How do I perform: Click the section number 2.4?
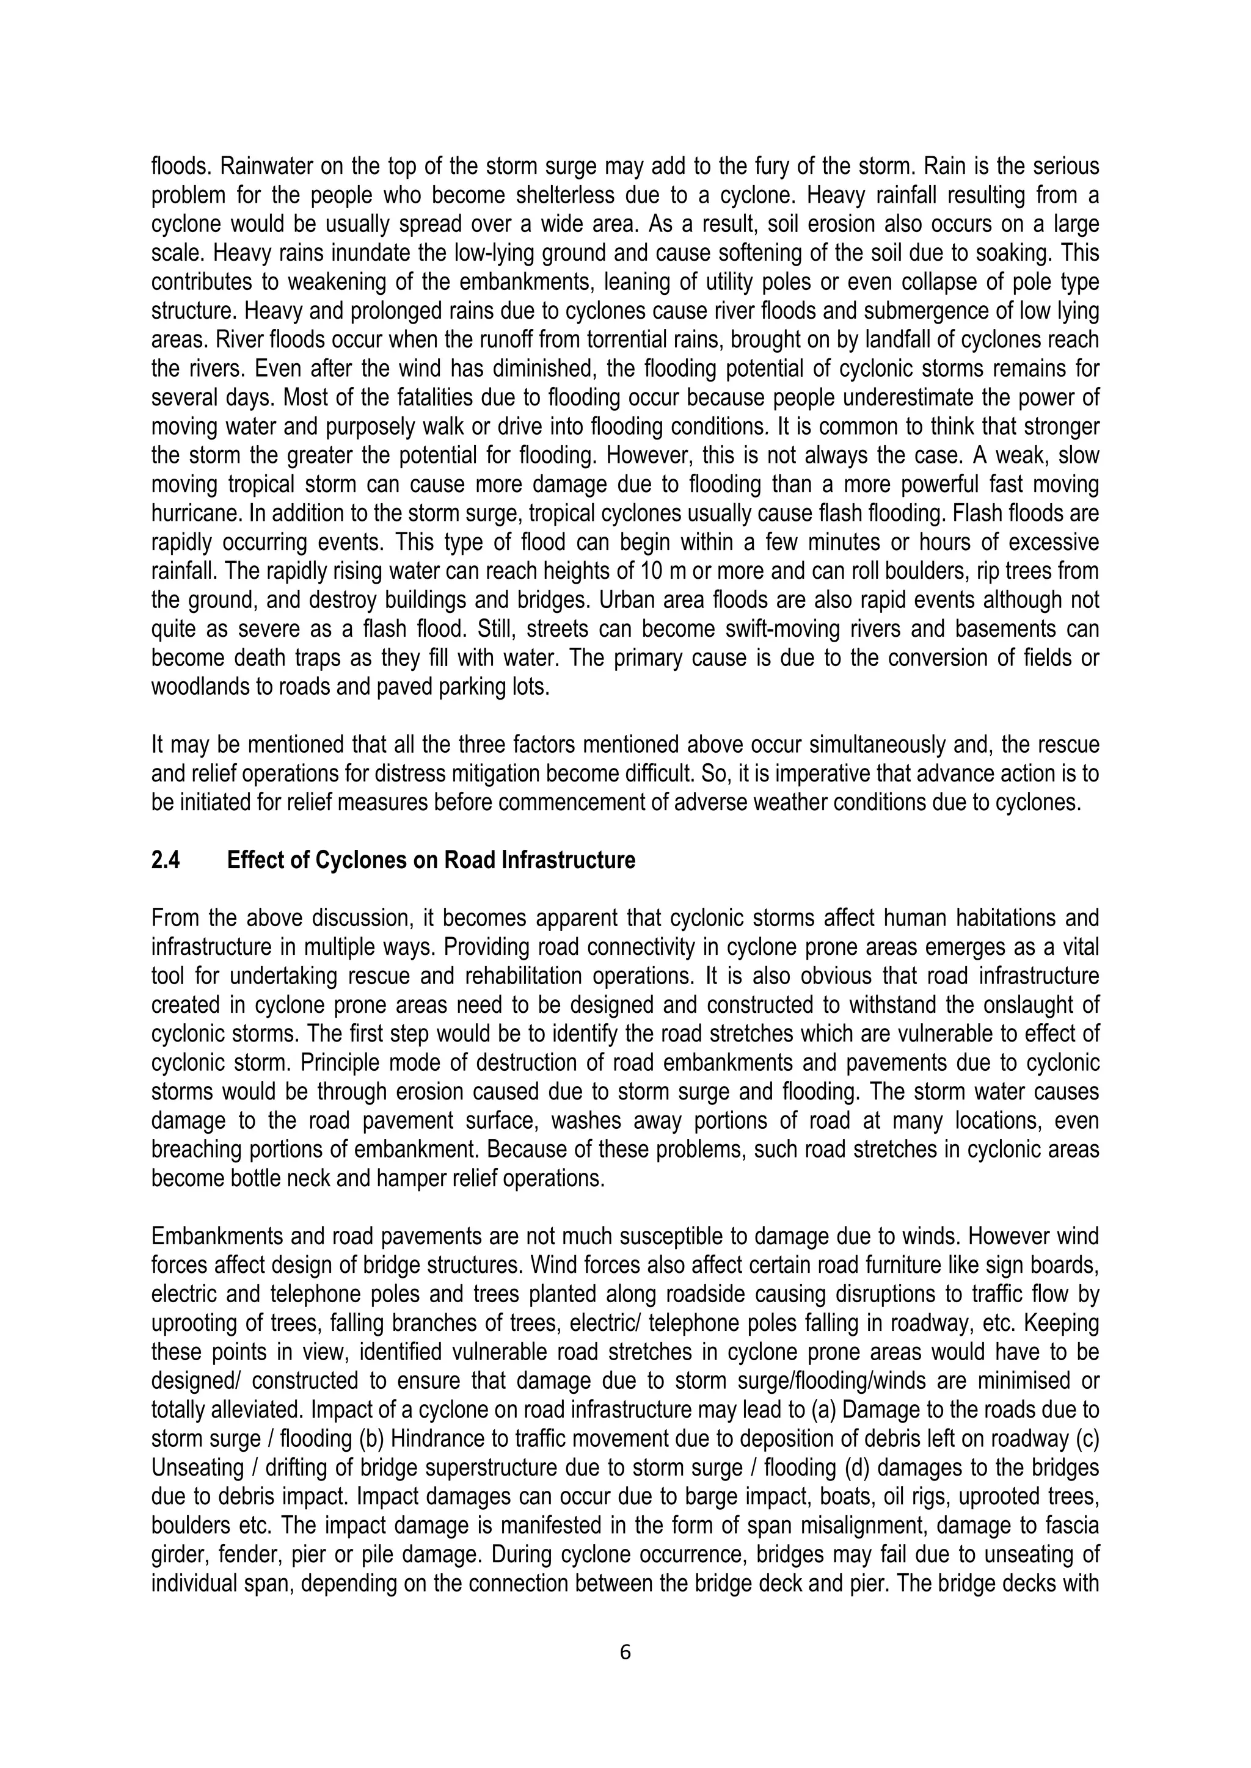[x=166, y=860]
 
